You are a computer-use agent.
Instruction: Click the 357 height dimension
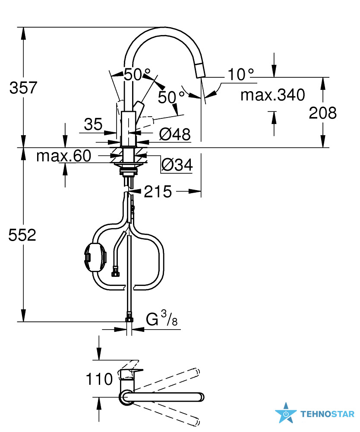coord(23,88)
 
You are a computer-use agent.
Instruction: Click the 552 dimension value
coord(22,235)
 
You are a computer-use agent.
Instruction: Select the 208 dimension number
coord(322,113)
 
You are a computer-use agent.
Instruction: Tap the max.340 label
coord(273,95)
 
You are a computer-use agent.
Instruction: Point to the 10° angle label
coord(240,74)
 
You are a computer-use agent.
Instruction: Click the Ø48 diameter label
coord(175,134)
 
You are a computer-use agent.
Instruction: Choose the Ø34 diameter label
coord(177,165)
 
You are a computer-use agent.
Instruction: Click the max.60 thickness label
coord(63,156)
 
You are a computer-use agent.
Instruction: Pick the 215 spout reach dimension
coord(158,191)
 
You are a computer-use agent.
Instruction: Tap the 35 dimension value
coord(93,124)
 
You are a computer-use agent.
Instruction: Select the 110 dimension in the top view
coord(99,379)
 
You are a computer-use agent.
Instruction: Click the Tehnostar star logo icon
coord(286,413)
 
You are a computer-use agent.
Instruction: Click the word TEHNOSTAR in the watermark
coord(327,414)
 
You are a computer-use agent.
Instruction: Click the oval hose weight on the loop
coord(95,258)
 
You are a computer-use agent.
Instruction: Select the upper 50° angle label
coord(137,74)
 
